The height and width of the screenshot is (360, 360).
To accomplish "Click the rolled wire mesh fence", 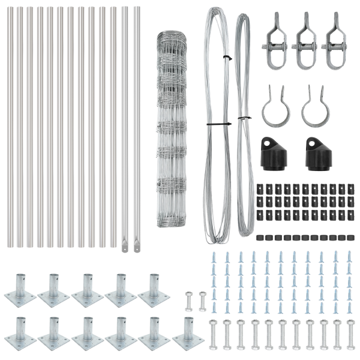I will [x=172, y=129].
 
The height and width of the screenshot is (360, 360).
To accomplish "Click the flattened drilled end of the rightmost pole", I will [x=137, y=245].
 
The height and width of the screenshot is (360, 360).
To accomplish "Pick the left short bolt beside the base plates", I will [x=189, y=301].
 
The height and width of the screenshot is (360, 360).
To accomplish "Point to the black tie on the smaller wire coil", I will [x=244, y=118].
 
